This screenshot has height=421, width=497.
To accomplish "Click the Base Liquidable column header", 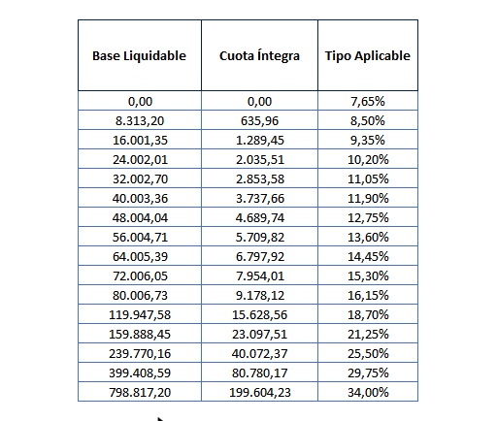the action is (x=140, y=55).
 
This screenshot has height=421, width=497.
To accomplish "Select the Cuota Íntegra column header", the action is (x=259, y=55).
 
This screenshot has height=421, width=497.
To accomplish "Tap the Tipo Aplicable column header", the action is (x=368, y=55).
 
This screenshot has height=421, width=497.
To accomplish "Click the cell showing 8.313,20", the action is (x=140, y=120).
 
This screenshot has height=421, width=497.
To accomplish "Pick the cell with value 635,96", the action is (x=259, y=120).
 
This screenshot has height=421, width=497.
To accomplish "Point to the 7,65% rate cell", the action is (x=368, y=101).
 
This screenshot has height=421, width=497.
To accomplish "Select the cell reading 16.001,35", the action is (x=140, y=140).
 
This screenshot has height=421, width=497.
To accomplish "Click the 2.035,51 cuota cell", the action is (x=259, y=159).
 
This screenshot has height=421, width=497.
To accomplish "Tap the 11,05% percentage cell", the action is (x=368, y=178).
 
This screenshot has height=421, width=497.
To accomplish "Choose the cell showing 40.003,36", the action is (x=140, y=198).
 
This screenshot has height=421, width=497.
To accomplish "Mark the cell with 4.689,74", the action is (x=259, y=217).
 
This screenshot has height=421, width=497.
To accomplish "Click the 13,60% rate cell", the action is (x=368, y=237).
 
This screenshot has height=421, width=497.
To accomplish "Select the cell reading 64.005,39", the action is (x=140, y=256).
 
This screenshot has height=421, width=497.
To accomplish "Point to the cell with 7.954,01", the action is (x=259, y=275).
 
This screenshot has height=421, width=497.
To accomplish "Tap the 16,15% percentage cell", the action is (x=368, y=295).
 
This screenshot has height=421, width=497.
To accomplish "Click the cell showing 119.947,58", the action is (x=140, y=314).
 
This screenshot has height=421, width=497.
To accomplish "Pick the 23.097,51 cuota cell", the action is (x=259, y=334).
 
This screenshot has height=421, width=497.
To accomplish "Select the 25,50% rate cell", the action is (x=368, y=353).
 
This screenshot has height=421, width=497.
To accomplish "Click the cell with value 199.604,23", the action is (x=259, y=392).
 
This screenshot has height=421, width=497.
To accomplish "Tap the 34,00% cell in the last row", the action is (x=368, y=392).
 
